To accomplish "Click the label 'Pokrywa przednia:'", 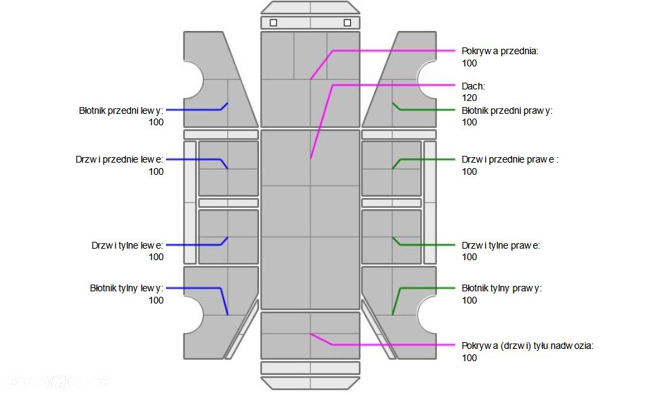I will coord(500,51).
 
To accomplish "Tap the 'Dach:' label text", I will coord(474,86).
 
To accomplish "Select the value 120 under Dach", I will coord(470,98).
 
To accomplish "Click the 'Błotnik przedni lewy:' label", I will coord(121,110).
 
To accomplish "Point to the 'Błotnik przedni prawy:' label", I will coord(507,110).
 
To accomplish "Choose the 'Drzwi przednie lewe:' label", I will coord(120,160).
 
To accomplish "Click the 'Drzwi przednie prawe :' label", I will coord(510,160).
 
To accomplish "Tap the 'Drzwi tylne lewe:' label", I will coord(127,245).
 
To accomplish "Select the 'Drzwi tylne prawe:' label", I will coord(501,245).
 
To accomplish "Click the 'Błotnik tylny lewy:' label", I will coord(127,288).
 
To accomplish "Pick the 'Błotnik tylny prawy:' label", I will coord(502,288).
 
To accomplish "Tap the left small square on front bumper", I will coord(274,22).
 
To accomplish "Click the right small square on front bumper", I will coord(348,22).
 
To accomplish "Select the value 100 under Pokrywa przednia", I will coord(470,63).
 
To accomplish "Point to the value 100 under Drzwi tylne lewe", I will coord(156,257).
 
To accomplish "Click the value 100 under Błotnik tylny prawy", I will coord(470,300).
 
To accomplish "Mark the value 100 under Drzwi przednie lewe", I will coord(156,172).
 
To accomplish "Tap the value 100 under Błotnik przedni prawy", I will coord(470,122).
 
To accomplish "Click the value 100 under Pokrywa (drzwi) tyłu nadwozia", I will coord(470,358).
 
